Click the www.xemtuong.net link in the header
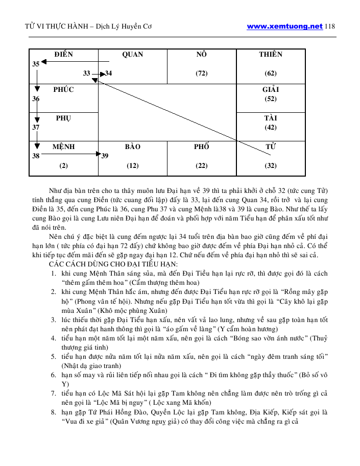(284, 27)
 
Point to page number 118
(330, 27)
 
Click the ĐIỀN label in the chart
(63, 55)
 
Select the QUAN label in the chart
(132, 55)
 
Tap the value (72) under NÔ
(201, 73)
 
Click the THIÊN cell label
(270, 55)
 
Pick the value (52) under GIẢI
(270, 99)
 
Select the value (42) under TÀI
(270, 128)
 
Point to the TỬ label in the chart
(270, 147)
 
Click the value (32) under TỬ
(270, 166)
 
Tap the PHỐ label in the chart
(201, 147)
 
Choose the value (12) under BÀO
(132, 166)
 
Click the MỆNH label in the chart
(63, 147)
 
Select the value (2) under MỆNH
(63, 166)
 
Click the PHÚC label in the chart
(63, 90)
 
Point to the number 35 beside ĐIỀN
(36, 64)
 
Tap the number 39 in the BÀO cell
(105, 156)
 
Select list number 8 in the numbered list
(53, 411)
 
